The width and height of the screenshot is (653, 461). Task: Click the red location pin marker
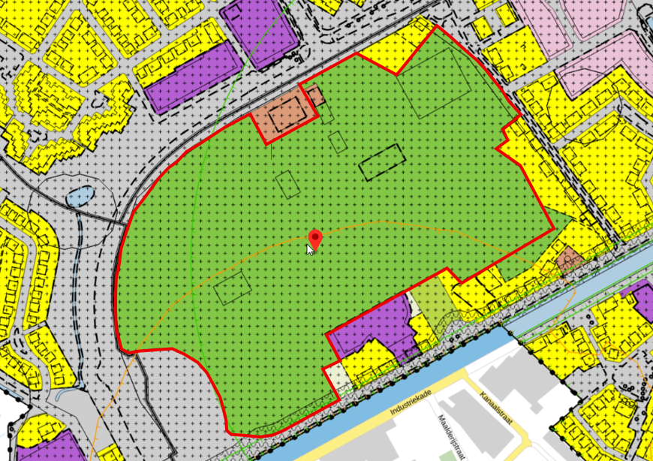(x=315, y=239)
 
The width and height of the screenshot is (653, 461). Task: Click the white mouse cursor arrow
(x=310, y=249)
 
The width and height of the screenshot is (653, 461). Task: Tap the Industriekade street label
(x=411, y=403)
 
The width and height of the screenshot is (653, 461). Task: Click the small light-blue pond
(x=81, y=197)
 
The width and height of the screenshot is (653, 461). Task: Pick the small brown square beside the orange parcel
(x=314, y=95)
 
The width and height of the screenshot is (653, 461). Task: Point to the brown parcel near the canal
(x=568, y=260)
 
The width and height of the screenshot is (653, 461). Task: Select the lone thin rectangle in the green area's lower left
(x=233, y=288)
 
